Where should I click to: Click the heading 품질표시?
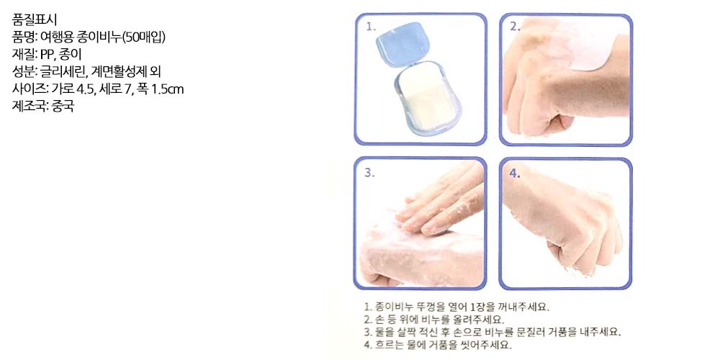tap(35, 19)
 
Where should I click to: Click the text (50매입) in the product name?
tap(143, 37)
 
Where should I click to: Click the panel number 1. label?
tap(371, 27)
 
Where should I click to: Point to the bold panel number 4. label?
tap(515, 173)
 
